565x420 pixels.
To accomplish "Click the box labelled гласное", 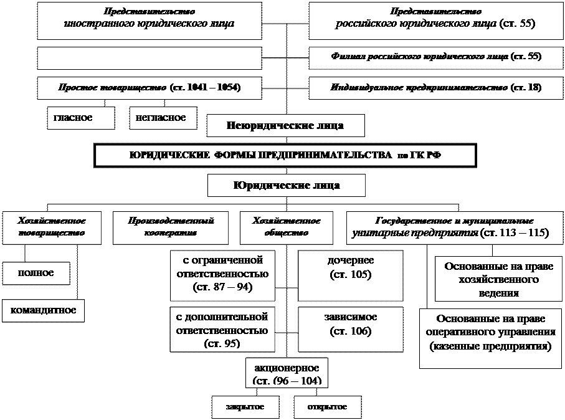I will pyautogui.click(x=81, y=118).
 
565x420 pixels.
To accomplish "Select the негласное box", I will pyautogui.click(x=161, y=118).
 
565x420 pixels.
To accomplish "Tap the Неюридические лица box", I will pyautogui.click(x=285, y=125).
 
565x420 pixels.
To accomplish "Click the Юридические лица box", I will pyautogui.click(x=286, y=186).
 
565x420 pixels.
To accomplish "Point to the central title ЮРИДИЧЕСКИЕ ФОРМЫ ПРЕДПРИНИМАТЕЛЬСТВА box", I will pyautogui.click(x=285, y=155).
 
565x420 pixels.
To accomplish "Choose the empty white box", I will pyautogui.click(x=150, y=58).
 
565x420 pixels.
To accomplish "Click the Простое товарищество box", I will pyautogui.click(x=150, y=88).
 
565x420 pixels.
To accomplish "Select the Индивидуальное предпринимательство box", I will pyautogui.click(x=435, y=88).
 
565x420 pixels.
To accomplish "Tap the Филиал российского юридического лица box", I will pyautogui.click(x=435, y=57).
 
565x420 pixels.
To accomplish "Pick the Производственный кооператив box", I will pyautogui.click(x=171, y=227).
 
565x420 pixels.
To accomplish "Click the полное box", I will pyautogui.click(x=36, y=274).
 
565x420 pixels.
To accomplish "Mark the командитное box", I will pyautogui.click(x=43, y=310).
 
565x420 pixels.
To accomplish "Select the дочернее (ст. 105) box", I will pyautogui.click(x=350, y=275).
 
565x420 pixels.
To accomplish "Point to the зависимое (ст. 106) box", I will pyautogui.click(x=350, y=328).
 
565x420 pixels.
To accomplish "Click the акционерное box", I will pyautogui.click(x=287, y=372).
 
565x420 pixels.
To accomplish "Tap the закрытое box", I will pyautogui.click(x=244, y=407).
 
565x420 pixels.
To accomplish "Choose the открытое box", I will pyautogui.click(x=327, y=407).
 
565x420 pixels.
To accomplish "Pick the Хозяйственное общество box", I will pyautogui.click(x=287, y=227).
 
